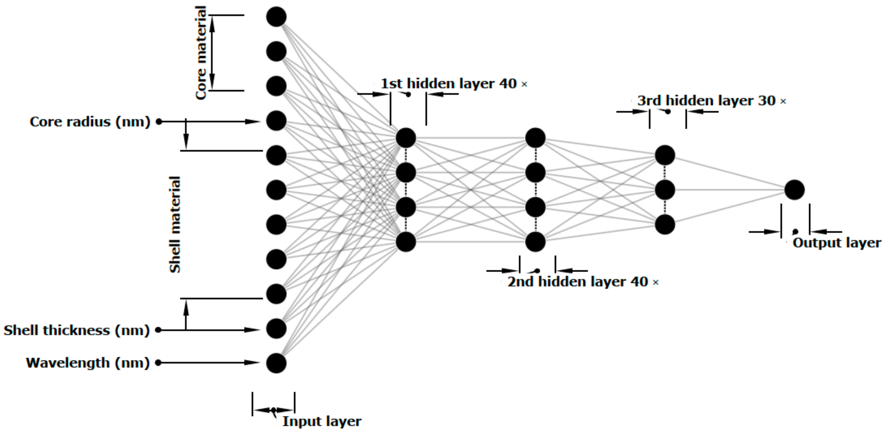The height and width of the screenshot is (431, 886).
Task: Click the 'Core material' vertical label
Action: coord(201,53)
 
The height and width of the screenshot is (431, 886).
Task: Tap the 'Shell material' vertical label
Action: coord(175,225)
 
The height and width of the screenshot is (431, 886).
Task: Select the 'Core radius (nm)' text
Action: coord(90,122)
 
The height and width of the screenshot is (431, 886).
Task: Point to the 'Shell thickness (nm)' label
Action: coord(77,330)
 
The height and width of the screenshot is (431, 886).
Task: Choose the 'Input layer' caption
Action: coord(322,421)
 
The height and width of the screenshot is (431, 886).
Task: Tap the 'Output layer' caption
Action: coord(837,243)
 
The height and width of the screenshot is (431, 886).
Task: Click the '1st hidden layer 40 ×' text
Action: coord(454,83)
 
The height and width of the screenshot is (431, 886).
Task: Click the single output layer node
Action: coord(794,190)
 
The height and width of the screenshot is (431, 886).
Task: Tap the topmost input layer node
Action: coord(276,16)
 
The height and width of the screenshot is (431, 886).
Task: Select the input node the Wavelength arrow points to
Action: coord(276,363)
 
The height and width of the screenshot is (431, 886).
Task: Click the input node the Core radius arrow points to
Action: coord(276,121)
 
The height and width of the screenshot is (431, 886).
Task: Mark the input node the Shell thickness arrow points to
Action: coord(276,329)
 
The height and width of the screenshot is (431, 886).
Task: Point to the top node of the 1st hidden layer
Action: coord(406,138)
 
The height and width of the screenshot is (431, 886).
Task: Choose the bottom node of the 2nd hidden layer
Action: coord(536,242)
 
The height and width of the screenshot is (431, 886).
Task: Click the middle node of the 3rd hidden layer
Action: coord(665,190)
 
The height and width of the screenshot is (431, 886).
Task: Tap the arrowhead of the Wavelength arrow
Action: coord(253,362)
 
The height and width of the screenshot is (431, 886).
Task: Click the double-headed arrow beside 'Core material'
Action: coord(212,53)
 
